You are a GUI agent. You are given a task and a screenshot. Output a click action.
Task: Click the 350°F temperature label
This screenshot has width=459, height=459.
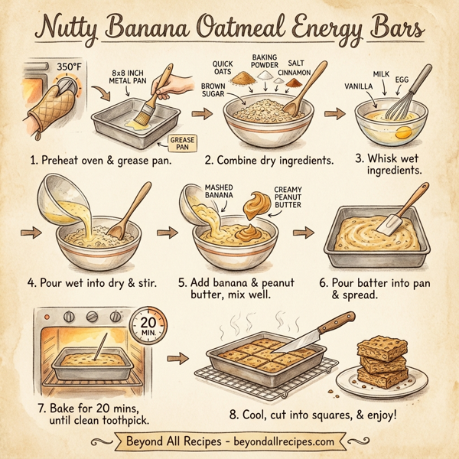click(x=67, y=67)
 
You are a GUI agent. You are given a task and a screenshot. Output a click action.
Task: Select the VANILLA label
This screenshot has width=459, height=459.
click(x=360, y=85)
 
